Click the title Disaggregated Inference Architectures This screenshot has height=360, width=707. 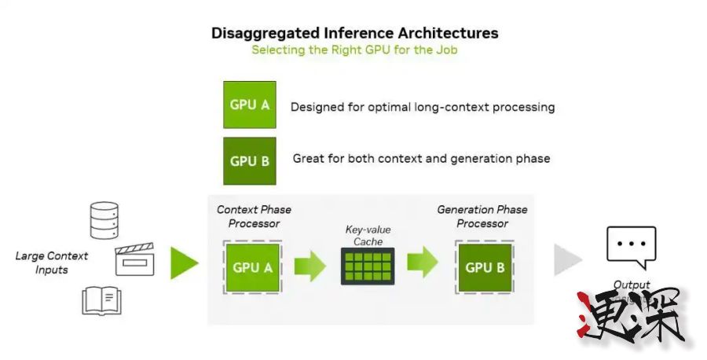click(354, 33)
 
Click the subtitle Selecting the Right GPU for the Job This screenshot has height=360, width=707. click(354, 50)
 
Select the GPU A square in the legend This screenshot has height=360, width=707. click(250, 105)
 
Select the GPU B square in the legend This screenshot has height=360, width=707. click(250, 161)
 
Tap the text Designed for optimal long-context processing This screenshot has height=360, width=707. click(423, 107)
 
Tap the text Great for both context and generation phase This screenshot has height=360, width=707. click(421, 159)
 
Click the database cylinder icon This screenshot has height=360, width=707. click(104, 220)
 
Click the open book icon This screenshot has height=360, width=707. click(102, 300)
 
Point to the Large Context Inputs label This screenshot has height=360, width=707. click(52, 263)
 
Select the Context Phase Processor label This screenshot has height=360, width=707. click(254, 216)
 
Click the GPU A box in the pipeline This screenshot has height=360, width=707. click(253, 267)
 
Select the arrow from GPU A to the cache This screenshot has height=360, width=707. click(310, 266)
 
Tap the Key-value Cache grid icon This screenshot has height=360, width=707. click(367, 266)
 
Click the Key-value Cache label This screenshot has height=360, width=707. click(368, 235)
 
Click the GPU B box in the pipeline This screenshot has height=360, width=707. click(484, 267)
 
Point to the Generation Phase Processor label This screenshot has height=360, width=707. click(482, 216)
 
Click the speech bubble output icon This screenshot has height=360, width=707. click(631, 247)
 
